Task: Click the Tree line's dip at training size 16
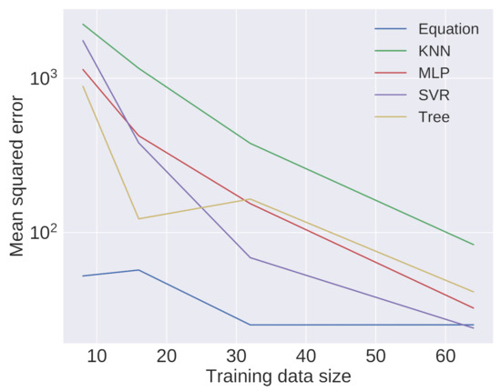(138, 218)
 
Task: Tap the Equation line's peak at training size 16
(138, 270)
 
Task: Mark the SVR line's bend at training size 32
(250, 257)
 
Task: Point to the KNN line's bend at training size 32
(250, 144)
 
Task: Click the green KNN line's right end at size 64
(474, 245)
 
